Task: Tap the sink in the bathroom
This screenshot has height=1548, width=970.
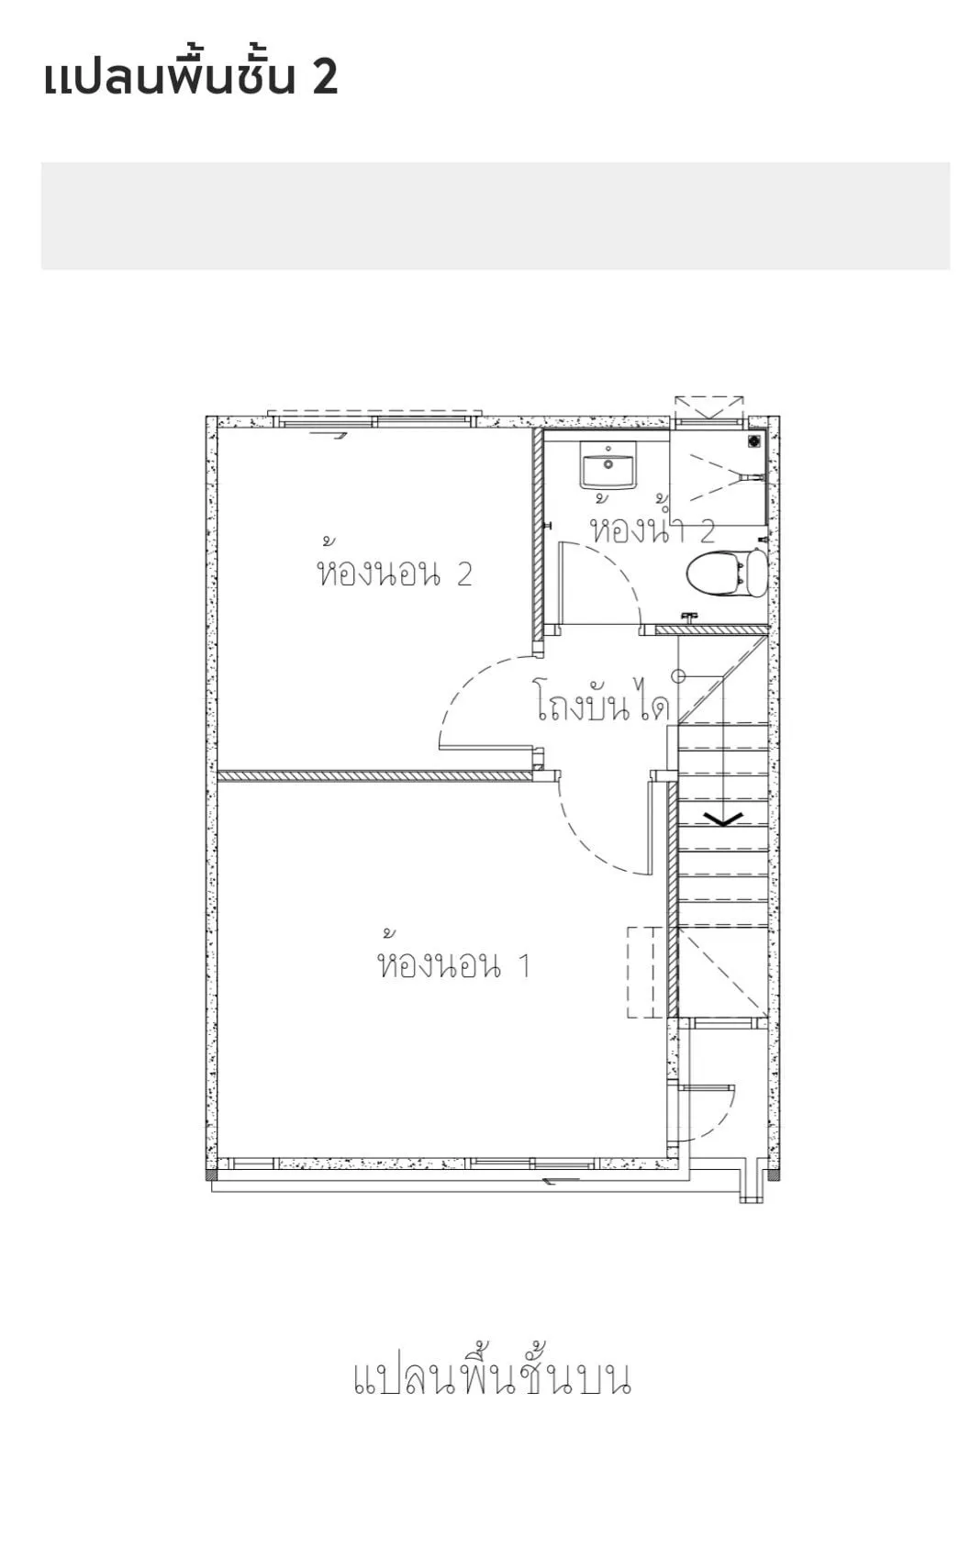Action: (608, 466)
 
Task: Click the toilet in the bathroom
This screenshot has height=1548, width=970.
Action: (728, 573)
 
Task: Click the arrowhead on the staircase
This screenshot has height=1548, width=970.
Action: (723, 819)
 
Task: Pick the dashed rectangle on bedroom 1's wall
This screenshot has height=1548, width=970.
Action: (641, 972)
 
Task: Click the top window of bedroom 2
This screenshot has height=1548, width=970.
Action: (374, 420)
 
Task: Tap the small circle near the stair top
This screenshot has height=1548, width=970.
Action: (679, 676)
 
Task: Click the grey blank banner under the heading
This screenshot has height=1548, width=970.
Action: (495, 216)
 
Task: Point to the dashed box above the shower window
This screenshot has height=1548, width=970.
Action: (709, 407)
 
